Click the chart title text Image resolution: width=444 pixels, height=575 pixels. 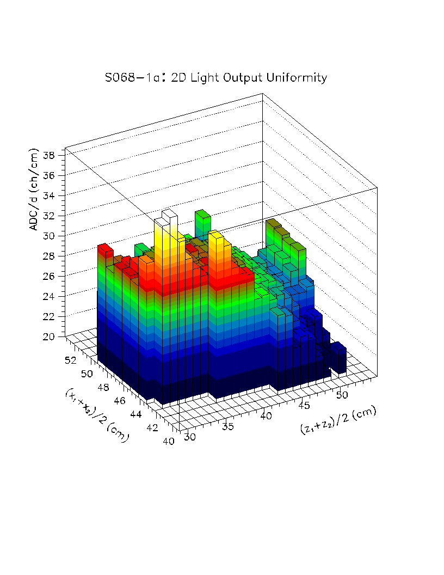(x=215, y=78)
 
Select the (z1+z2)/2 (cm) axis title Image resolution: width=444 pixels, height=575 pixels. (x=338, y=420)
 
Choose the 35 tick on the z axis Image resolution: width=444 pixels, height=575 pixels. (x=228, y=426)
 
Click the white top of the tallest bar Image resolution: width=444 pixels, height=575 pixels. (x=169, y=213)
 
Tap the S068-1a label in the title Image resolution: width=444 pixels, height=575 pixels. (x=125, y=78)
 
